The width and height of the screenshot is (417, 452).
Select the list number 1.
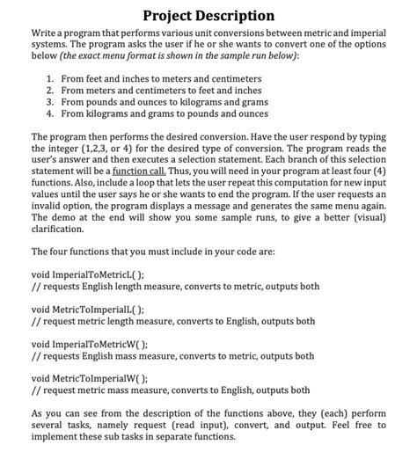point(49,79)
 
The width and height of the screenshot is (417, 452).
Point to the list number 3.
point(49,102)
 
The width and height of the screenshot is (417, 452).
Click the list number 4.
point(49,113)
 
